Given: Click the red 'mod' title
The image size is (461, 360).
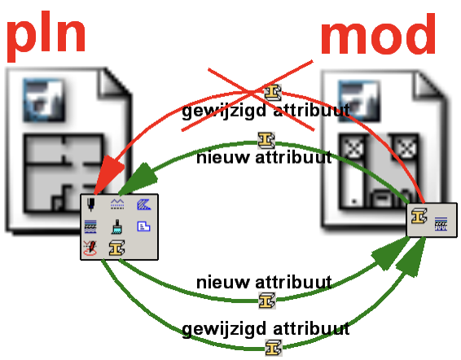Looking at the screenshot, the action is coord(378,34).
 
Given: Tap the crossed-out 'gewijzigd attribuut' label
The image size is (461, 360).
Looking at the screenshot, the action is coord(266,111).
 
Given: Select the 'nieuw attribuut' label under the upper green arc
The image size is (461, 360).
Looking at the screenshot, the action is coord(264,157).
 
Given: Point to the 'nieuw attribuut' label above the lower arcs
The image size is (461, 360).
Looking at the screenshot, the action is coord(264,282).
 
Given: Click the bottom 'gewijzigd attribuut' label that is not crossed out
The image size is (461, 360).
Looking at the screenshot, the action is coord(266,329).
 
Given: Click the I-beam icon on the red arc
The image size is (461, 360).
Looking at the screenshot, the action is coord(273,92).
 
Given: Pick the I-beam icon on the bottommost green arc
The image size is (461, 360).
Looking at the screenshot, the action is coord(274,348).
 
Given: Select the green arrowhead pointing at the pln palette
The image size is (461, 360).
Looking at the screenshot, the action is coord(138,179).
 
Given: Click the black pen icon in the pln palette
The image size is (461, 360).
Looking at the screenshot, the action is coord(91,204).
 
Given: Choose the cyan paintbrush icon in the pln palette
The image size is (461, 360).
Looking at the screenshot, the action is coord(117,226).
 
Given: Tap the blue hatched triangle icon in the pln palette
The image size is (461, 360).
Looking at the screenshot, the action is coord(144,204).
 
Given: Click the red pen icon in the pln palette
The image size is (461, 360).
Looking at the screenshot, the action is coord(90,248).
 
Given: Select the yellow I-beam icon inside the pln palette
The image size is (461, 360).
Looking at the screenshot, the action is coord(116,248).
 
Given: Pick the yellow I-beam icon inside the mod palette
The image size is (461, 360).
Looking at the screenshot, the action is coord(419,216).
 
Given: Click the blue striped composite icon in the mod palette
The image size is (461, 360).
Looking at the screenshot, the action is coord(441,224).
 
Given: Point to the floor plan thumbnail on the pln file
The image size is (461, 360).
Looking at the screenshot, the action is coord(64,173).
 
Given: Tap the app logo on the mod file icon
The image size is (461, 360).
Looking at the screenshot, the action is coord(358,101).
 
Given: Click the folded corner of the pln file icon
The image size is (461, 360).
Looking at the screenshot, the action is coord(114,82).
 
